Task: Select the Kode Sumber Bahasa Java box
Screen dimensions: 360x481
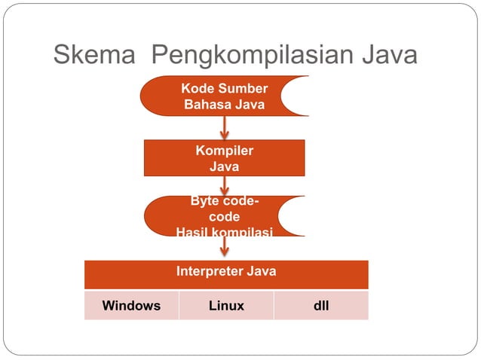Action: [x=224, y=97]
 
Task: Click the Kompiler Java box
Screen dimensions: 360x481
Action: [x=224, y=158]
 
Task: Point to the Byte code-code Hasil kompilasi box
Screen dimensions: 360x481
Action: [x=224, y=217]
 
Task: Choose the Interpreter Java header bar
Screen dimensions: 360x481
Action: [x=226, y=271]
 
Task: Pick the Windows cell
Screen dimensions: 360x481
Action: [x=131, y=306]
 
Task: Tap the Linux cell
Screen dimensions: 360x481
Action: [x=226, y=306]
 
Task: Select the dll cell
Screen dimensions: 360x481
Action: [x=321, y=306]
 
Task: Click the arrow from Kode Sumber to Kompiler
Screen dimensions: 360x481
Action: [x=225, y=127]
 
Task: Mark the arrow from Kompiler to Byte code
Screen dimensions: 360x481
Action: [x=225, y=186]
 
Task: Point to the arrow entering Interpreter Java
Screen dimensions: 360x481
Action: [x=225, y=248]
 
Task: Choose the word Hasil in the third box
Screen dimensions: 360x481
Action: [x=191, y=232]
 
